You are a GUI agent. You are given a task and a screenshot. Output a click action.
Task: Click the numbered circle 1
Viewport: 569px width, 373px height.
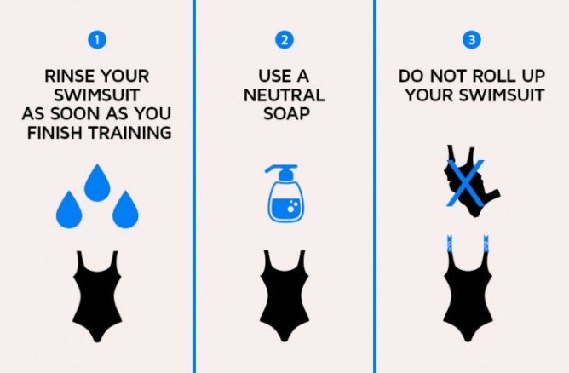click(x=97, y=39)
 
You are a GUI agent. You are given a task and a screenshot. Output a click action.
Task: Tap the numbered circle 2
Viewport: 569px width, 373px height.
click(x=284, y=39)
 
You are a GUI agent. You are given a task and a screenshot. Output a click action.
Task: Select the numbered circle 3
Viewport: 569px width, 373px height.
click(x=472, y=39)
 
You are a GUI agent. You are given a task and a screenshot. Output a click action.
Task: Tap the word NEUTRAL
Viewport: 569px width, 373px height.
click(x=284, y=95)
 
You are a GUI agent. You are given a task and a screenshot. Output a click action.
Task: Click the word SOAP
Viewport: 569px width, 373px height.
click(x=286, y=113)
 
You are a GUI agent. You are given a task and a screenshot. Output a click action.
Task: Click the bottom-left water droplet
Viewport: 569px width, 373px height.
click(x=69, y=210)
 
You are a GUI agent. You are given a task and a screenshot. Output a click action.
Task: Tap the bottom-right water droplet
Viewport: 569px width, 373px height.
click(x=125, y=210)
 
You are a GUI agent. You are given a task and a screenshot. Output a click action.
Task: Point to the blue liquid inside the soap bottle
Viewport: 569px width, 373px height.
click(x=285, y=209)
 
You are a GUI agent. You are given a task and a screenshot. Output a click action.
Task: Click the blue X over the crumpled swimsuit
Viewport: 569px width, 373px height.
click(x=466, y=183)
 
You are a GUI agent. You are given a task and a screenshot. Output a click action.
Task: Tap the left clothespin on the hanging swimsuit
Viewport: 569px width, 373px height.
click(x=450, y=244)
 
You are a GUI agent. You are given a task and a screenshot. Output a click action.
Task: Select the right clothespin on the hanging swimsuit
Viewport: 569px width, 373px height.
click(x=486, y=244)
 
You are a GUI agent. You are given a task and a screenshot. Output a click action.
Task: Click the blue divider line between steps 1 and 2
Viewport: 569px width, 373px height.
click(x=194, y=186)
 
